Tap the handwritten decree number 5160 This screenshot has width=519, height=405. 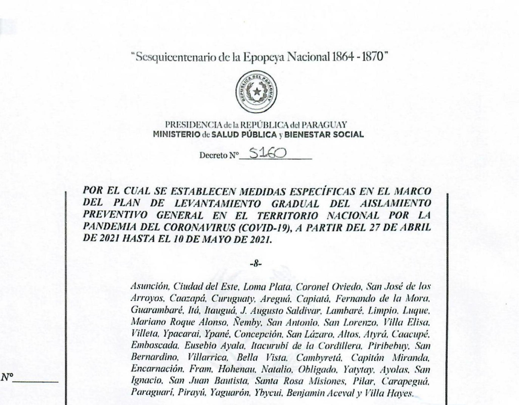[x=268, y=153]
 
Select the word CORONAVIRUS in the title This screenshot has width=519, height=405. [x=202, y=228]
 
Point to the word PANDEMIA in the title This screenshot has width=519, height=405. [x=105, y=228]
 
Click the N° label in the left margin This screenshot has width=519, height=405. [x=7, y=378]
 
